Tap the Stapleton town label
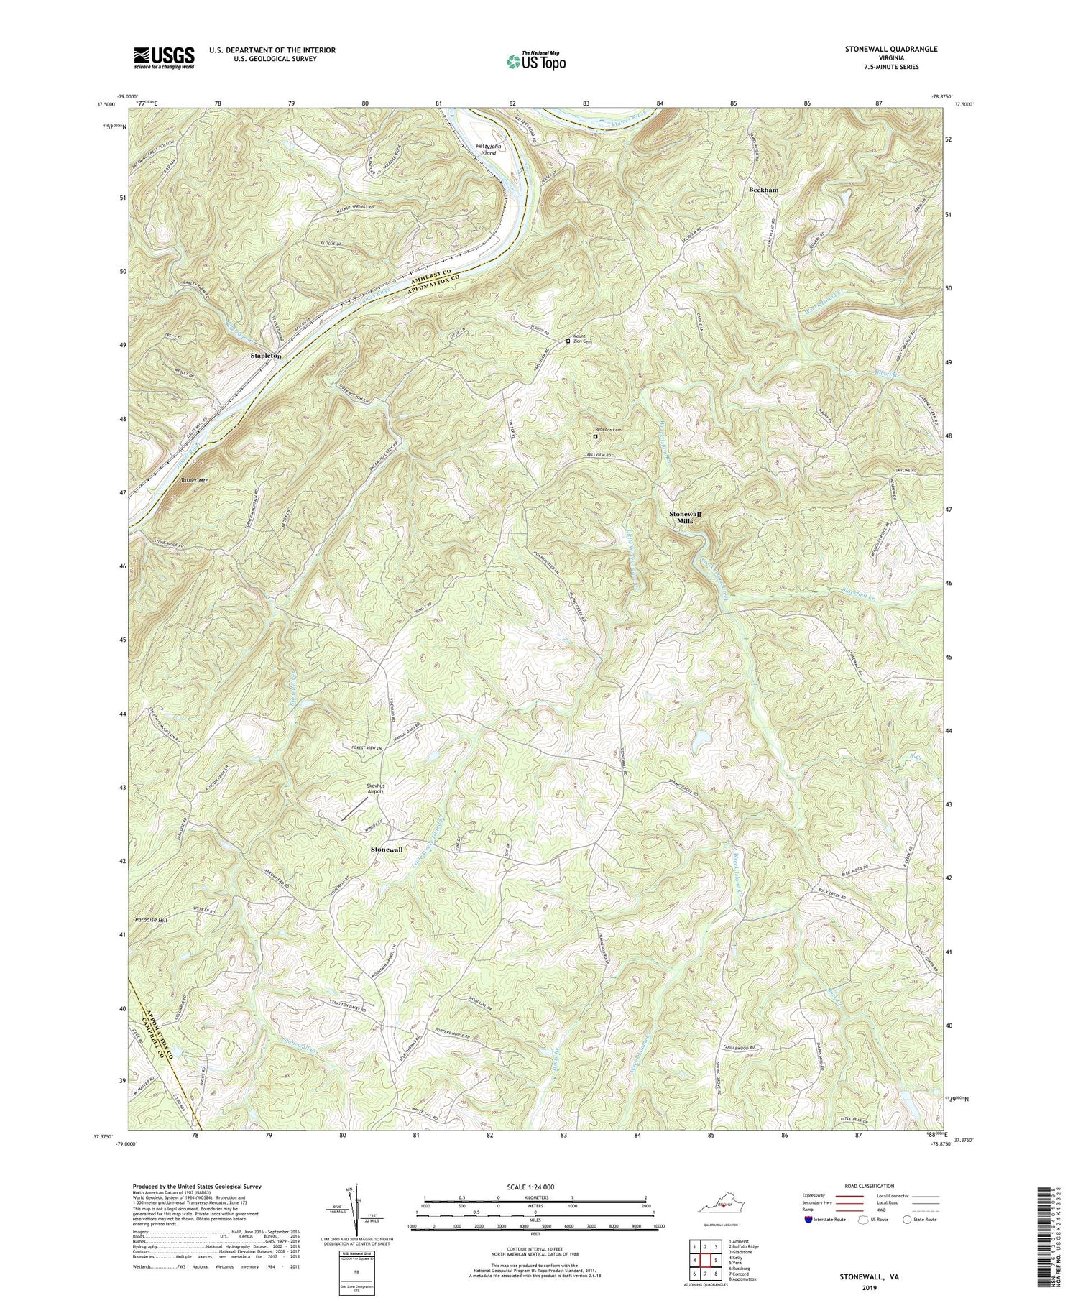[x=265, y=356]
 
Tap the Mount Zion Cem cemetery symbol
[x=568, y=341]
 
